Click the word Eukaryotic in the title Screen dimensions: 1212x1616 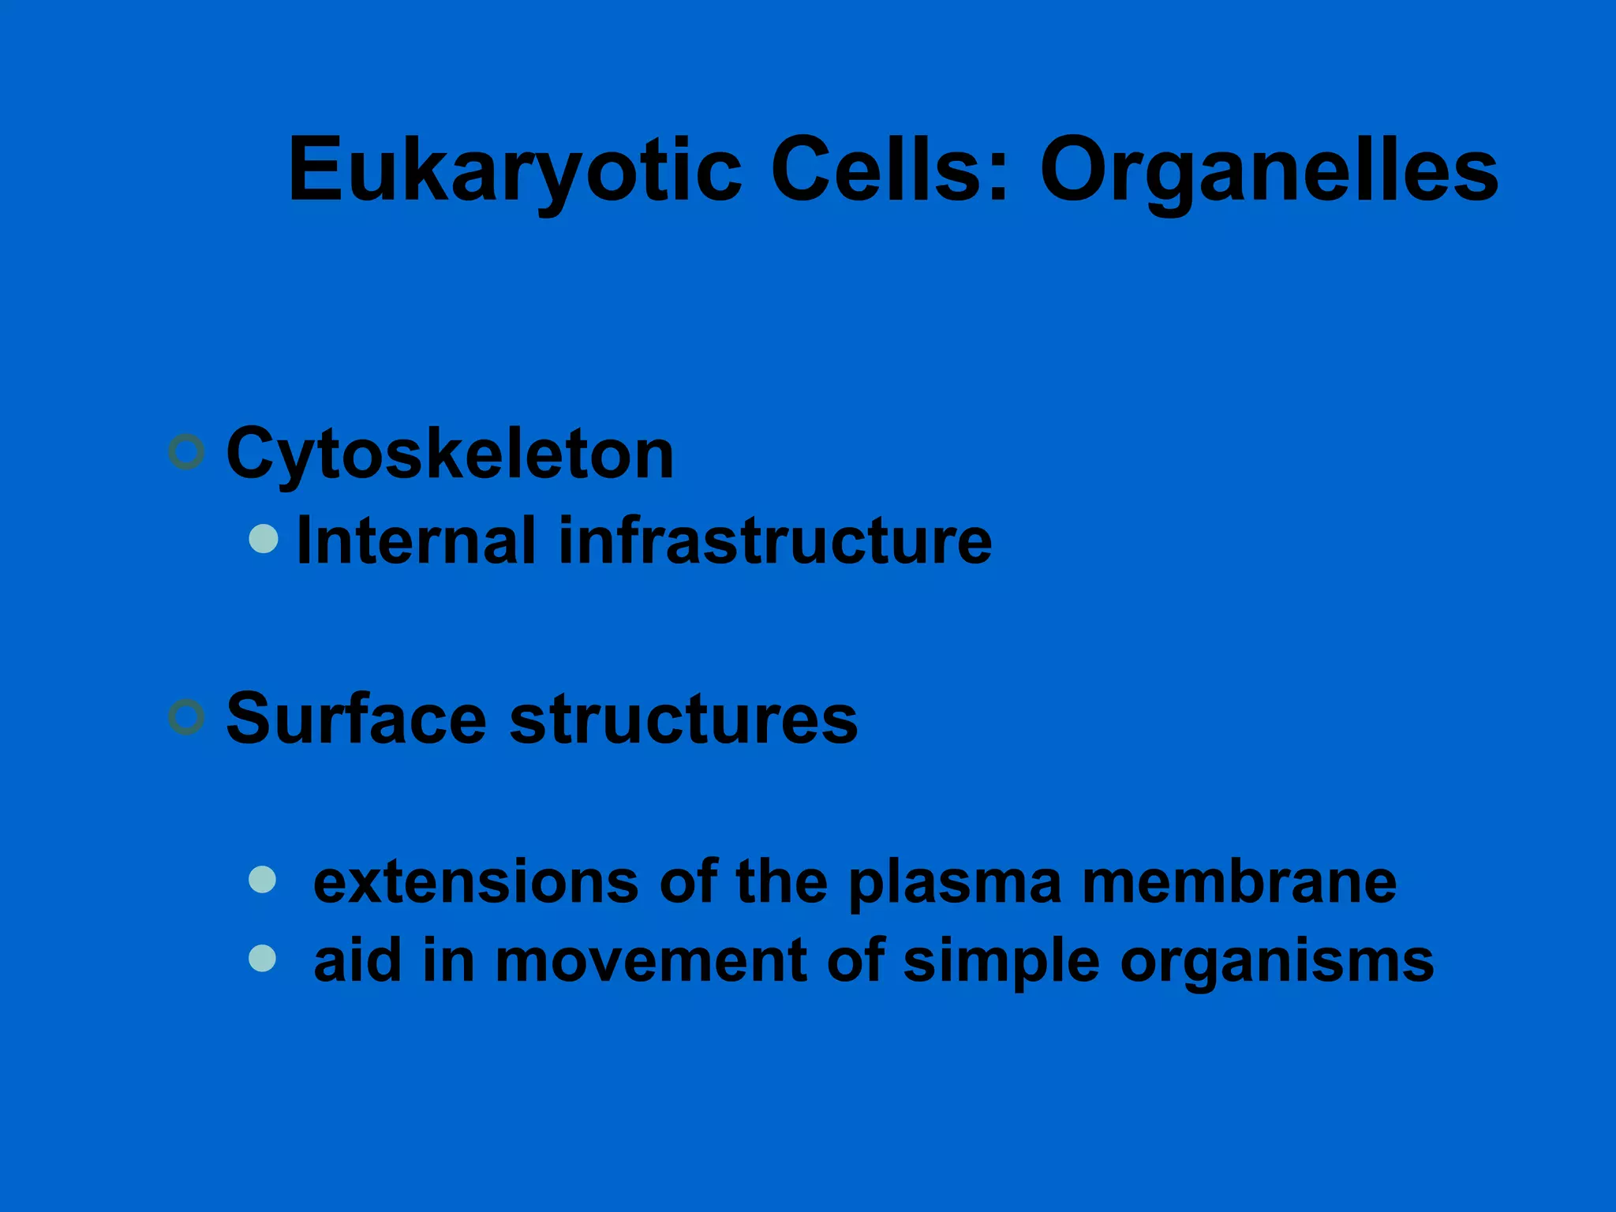(514, 170)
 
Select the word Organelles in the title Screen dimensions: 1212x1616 (1269, 170)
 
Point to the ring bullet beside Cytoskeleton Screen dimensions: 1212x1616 (187, 452)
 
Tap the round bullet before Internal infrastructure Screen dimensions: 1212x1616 (264, 539)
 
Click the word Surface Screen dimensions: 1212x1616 (356, 719)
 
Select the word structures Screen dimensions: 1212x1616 (683, 719)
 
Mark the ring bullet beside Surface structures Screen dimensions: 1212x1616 (187, 717)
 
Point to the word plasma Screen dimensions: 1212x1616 (955, 883)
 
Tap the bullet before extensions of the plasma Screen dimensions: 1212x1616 (262, 879)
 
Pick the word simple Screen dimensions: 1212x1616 (1001, 962)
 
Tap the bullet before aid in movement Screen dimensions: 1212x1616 (262, 958)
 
